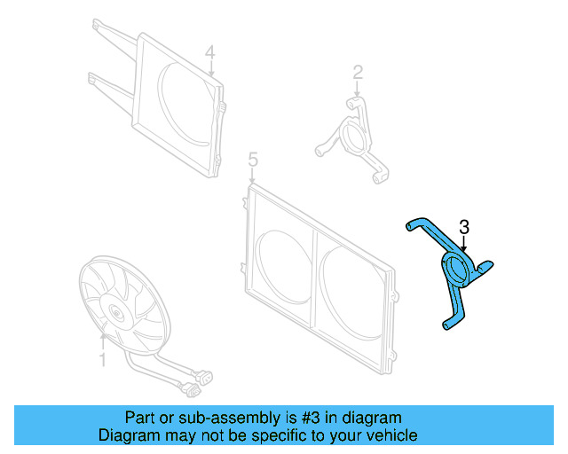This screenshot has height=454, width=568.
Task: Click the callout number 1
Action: pyautogui.click(x=102, y=361)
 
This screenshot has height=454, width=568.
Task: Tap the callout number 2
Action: pyautogui.click(x=357, y=71)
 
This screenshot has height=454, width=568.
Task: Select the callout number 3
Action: pyautogui.click(x=464, y=228)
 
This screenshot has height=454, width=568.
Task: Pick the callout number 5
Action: pyautogui.click(x=253, y=160)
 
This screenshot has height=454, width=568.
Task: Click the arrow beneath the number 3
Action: pyautogui.click(x=464, y=247)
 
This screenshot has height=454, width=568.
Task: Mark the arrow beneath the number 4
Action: pyautogui.click(x=210, y=70)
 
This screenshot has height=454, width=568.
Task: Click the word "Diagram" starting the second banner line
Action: pyautogui.click(x=127, y=435)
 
